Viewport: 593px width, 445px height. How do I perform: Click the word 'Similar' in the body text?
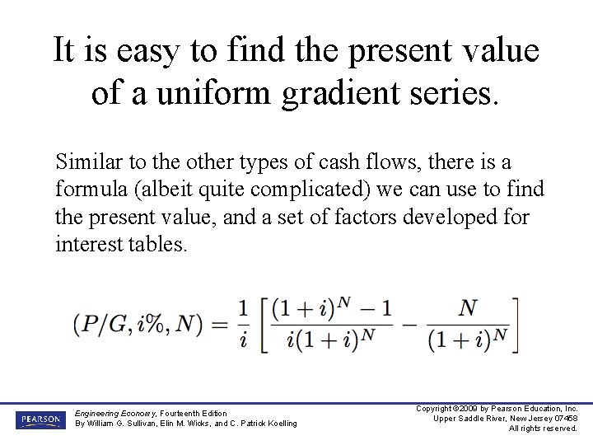(85, 162)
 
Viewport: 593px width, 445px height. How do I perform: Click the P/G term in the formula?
(104, 324)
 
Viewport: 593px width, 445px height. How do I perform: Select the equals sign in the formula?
(219, 324)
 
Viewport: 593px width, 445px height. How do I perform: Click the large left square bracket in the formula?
(264, 324)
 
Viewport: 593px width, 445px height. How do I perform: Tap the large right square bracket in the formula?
(516, 324)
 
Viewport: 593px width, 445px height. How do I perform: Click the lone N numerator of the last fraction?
(468, 308)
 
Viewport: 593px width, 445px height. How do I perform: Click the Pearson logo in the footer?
(38, 420)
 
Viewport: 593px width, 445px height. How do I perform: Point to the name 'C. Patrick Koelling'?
(263, 424)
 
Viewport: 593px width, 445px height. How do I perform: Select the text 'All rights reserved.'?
(543, 429)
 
